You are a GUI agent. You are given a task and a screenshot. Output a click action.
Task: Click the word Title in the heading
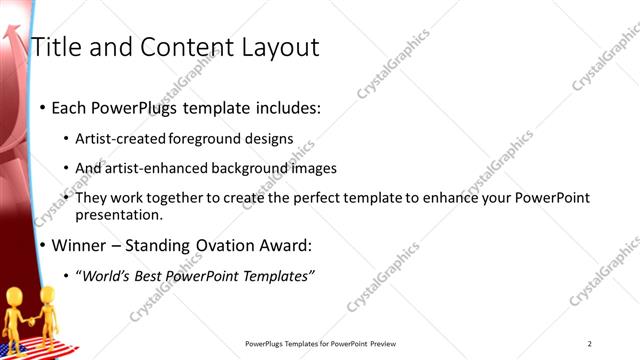tap(56, 47)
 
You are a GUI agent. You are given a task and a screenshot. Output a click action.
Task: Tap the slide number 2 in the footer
tap(590, 344)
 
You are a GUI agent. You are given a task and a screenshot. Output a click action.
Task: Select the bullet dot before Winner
tap(41, 245)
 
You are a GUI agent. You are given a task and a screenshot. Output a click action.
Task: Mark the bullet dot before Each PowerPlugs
tap(41, 107)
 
